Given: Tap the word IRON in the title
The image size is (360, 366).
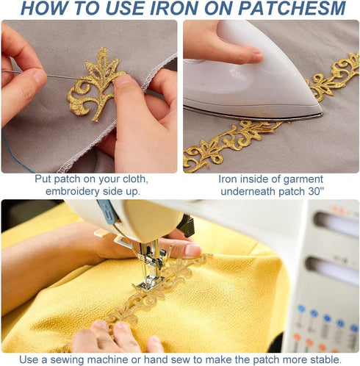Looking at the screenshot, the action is pyautogui.click(x=174, y=8).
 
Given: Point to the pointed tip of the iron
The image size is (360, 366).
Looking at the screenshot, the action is pyautogui.click(x=322, y=114).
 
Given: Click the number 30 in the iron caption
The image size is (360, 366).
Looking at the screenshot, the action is pyautogui.click(x=314, y=191).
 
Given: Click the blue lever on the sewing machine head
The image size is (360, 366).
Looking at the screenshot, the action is pyautogui.click(x=109, y=212).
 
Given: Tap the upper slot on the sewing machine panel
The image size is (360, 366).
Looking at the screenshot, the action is pyautogui.click(x=336, y=223).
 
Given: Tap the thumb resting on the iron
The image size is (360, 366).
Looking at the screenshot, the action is pyautogui.click(x=241, y=54).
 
